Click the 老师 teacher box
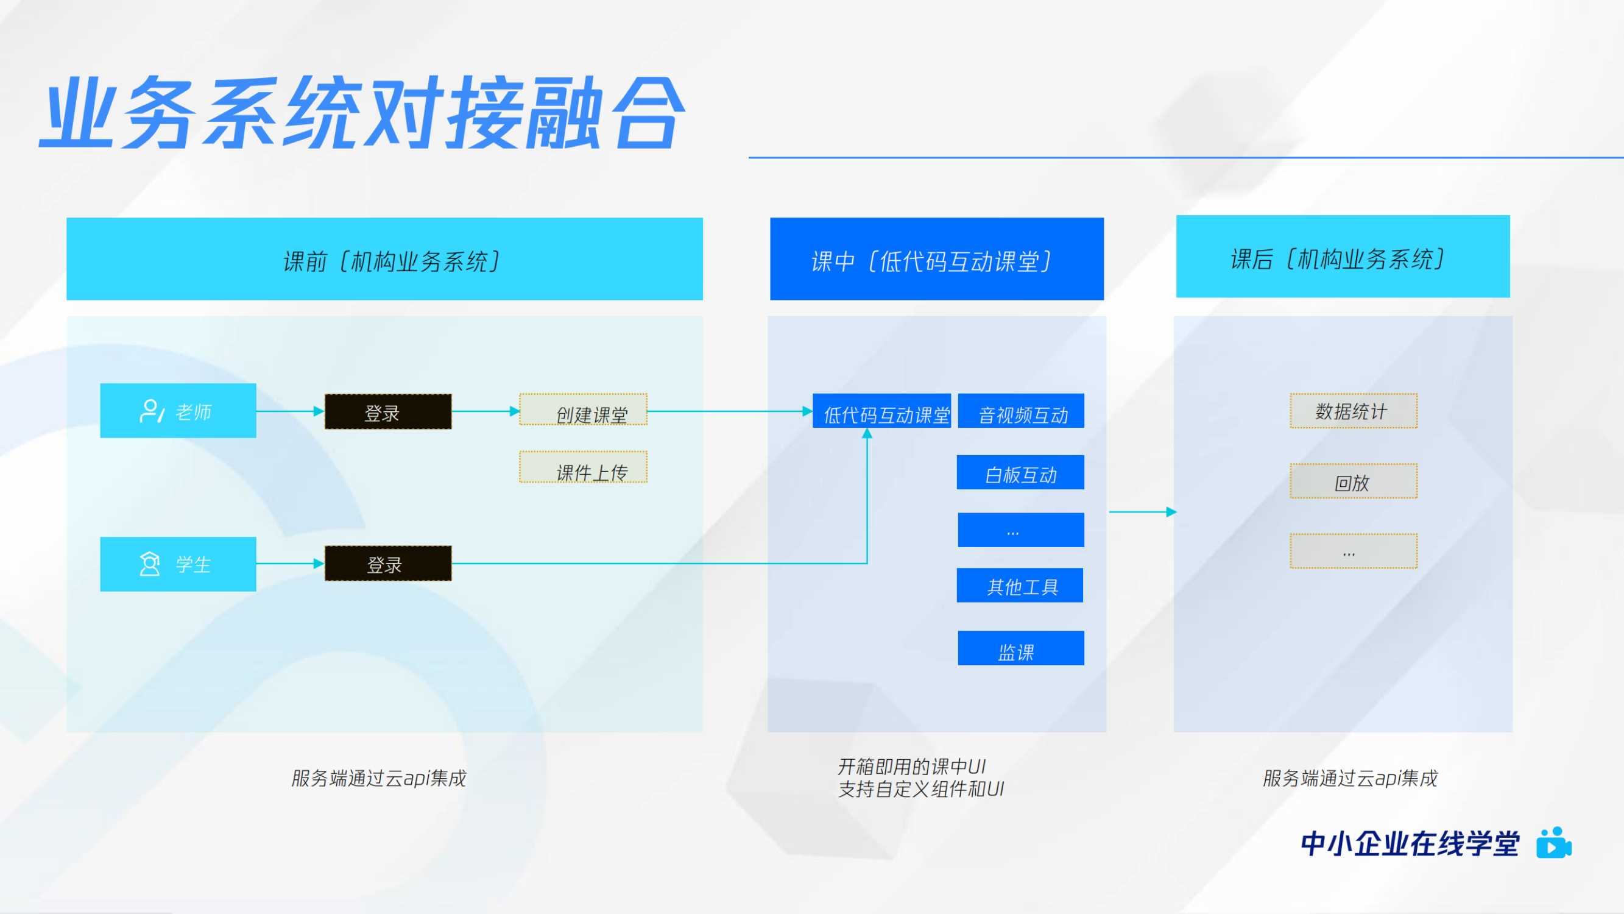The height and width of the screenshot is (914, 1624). click(x=178, y=411)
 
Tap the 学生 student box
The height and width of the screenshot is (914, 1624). click(x=178, y=564)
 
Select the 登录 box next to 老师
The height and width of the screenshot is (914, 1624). click(x=387, y=412)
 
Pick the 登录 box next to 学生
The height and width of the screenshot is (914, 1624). click(x=387, y=563)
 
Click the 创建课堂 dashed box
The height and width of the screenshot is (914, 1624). click(x=583, y=410)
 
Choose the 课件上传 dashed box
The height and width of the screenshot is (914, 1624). click(x=583, y=467)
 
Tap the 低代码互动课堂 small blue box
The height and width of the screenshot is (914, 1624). click(x=881, y=411)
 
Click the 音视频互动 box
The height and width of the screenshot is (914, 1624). click(x=1021, y=411)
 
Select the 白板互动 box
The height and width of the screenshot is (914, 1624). click(x=1020, y=472)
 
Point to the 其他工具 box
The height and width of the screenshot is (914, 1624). click(x=1020, y=586)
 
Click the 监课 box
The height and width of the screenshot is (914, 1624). click(x=1021, y=648)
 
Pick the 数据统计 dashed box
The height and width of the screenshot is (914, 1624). click(x=1353, y=411)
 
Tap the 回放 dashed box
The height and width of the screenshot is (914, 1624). click(x=1353, y=481)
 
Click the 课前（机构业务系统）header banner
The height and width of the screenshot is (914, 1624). click(x=384, y=259)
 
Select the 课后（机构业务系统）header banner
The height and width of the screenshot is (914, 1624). click(x=1342, y=257)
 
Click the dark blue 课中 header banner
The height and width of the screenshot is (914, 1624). click(x=936, y=259)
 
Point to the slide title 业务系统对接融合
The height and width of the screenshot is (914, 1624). click(x=362, y=113)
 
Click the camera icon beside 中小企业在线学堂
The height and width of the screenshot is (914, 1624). click(x=1553, y=843)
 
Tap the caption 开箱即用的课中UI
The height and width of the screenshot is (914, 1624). click(x=911, y=767)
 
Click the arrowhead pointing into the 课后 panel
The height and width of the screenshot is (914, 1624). click(x=1171, y=512)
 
